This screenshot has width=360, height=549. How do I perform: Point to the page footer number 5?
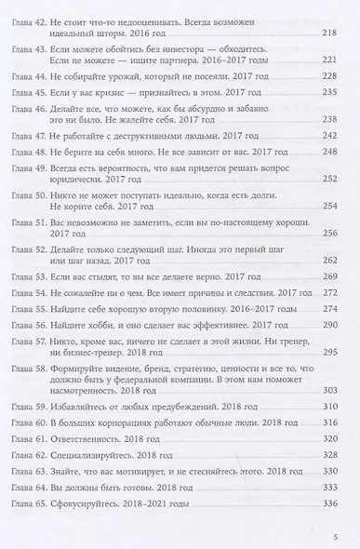(333, 536)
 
